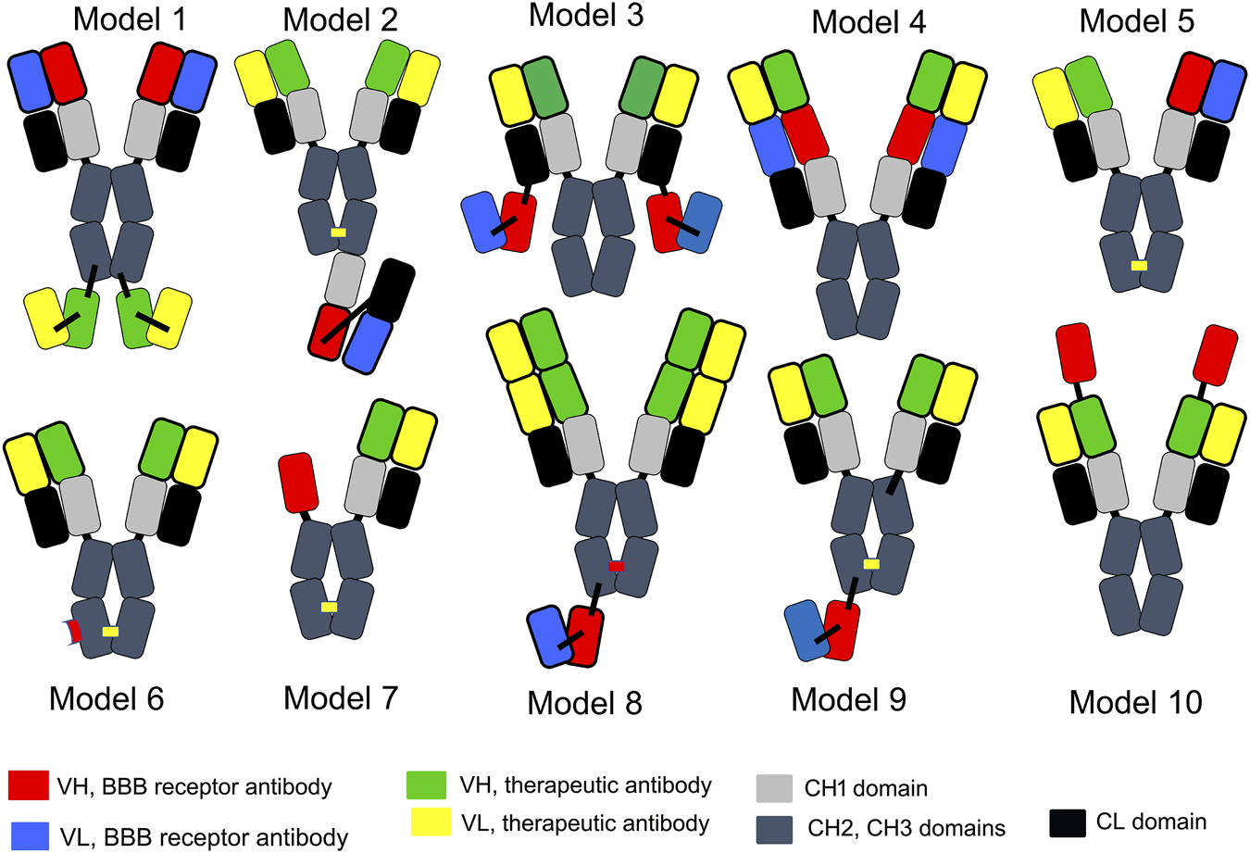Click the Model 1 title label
pyautogui.click(x=130, y=19)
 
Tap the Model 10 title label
pyautogui.click(x=1135, y=702)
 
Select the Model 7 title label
pyautogui.click(x=341, y=697)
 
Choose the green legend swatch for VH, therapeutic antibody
pyautogui.click(x=426, y=784)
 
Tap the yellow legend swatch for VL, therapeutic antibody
pyautogui.click(x=430, y=822)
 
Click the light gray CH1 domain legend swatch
pyautogui.click(x=774, y=788)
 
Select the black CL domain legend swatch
pyautogui.click(x=1068, y=822)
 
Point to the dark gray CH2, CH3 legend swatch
pyautogui.click(x=774, y=828)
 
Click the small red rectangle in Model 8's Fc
pyautogui.click(x=616, y=566)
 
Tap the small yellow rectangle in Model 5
pyautogui.click(x=1139, y=266)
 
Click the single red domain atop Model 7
pyautogui.click(x=298, y=483)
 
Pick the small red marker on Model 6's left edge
pyautogui.click(x=74, y=632)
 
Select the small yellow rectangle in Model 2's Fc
pyautogui.click(x=338, y=232)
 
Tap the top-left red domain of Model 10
pyautogui.click(x=1075, y=353)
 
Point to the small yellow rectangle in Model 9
pyautogui.click(x=871, y=564)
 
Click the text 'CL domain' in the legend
pyautogui.click(x=1151, y=822)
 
